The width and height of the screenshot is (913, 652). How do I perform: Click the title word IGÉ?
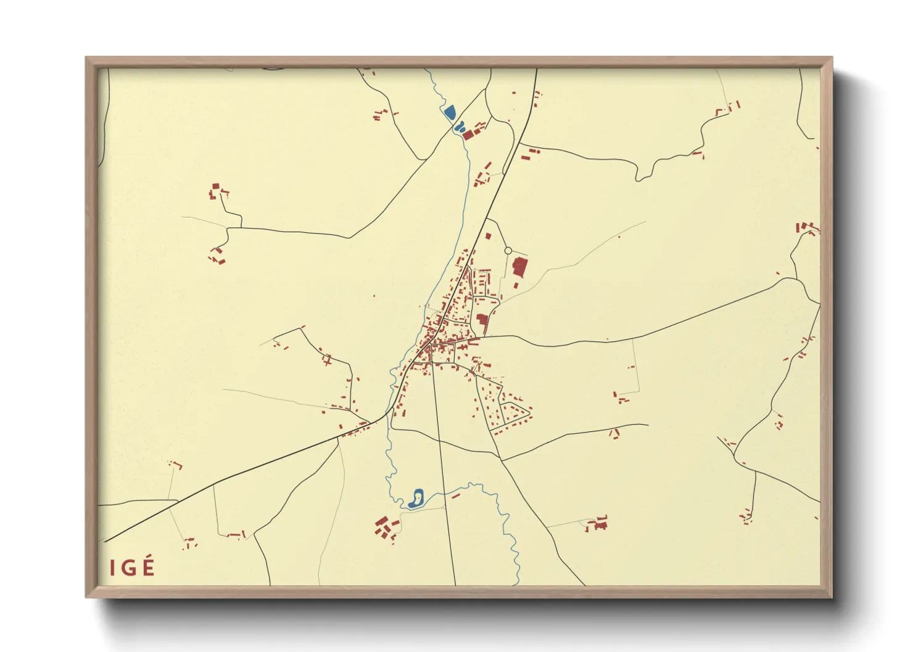click(x=132, y=568)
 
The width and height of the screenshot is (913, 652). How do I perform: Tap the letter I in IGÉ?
click(x=112, y=568)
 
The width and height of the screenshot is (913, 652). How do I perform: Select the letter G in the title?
click(x=129, y=568)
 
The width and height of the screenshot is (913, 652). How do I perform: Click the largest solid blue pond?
click(x=449, y=112)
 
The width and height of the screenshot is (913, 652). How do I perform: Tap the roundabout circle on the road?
click(x=508, y=251)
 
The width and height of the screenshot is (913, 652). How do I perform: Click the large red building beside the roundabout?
click(x=519, y=267)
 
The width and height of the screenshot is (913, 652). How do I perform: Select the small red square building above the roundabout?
click(x=488, y=235)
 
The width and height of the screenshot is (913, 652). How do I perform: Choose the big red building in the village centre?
click(x=482, y=320)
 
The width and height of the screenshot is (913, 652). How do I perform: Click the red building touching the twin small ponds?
click(x=468, y=134)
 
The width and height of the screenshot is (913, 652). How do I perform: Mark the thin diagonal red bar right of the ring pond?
click(x=456, y=495)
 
